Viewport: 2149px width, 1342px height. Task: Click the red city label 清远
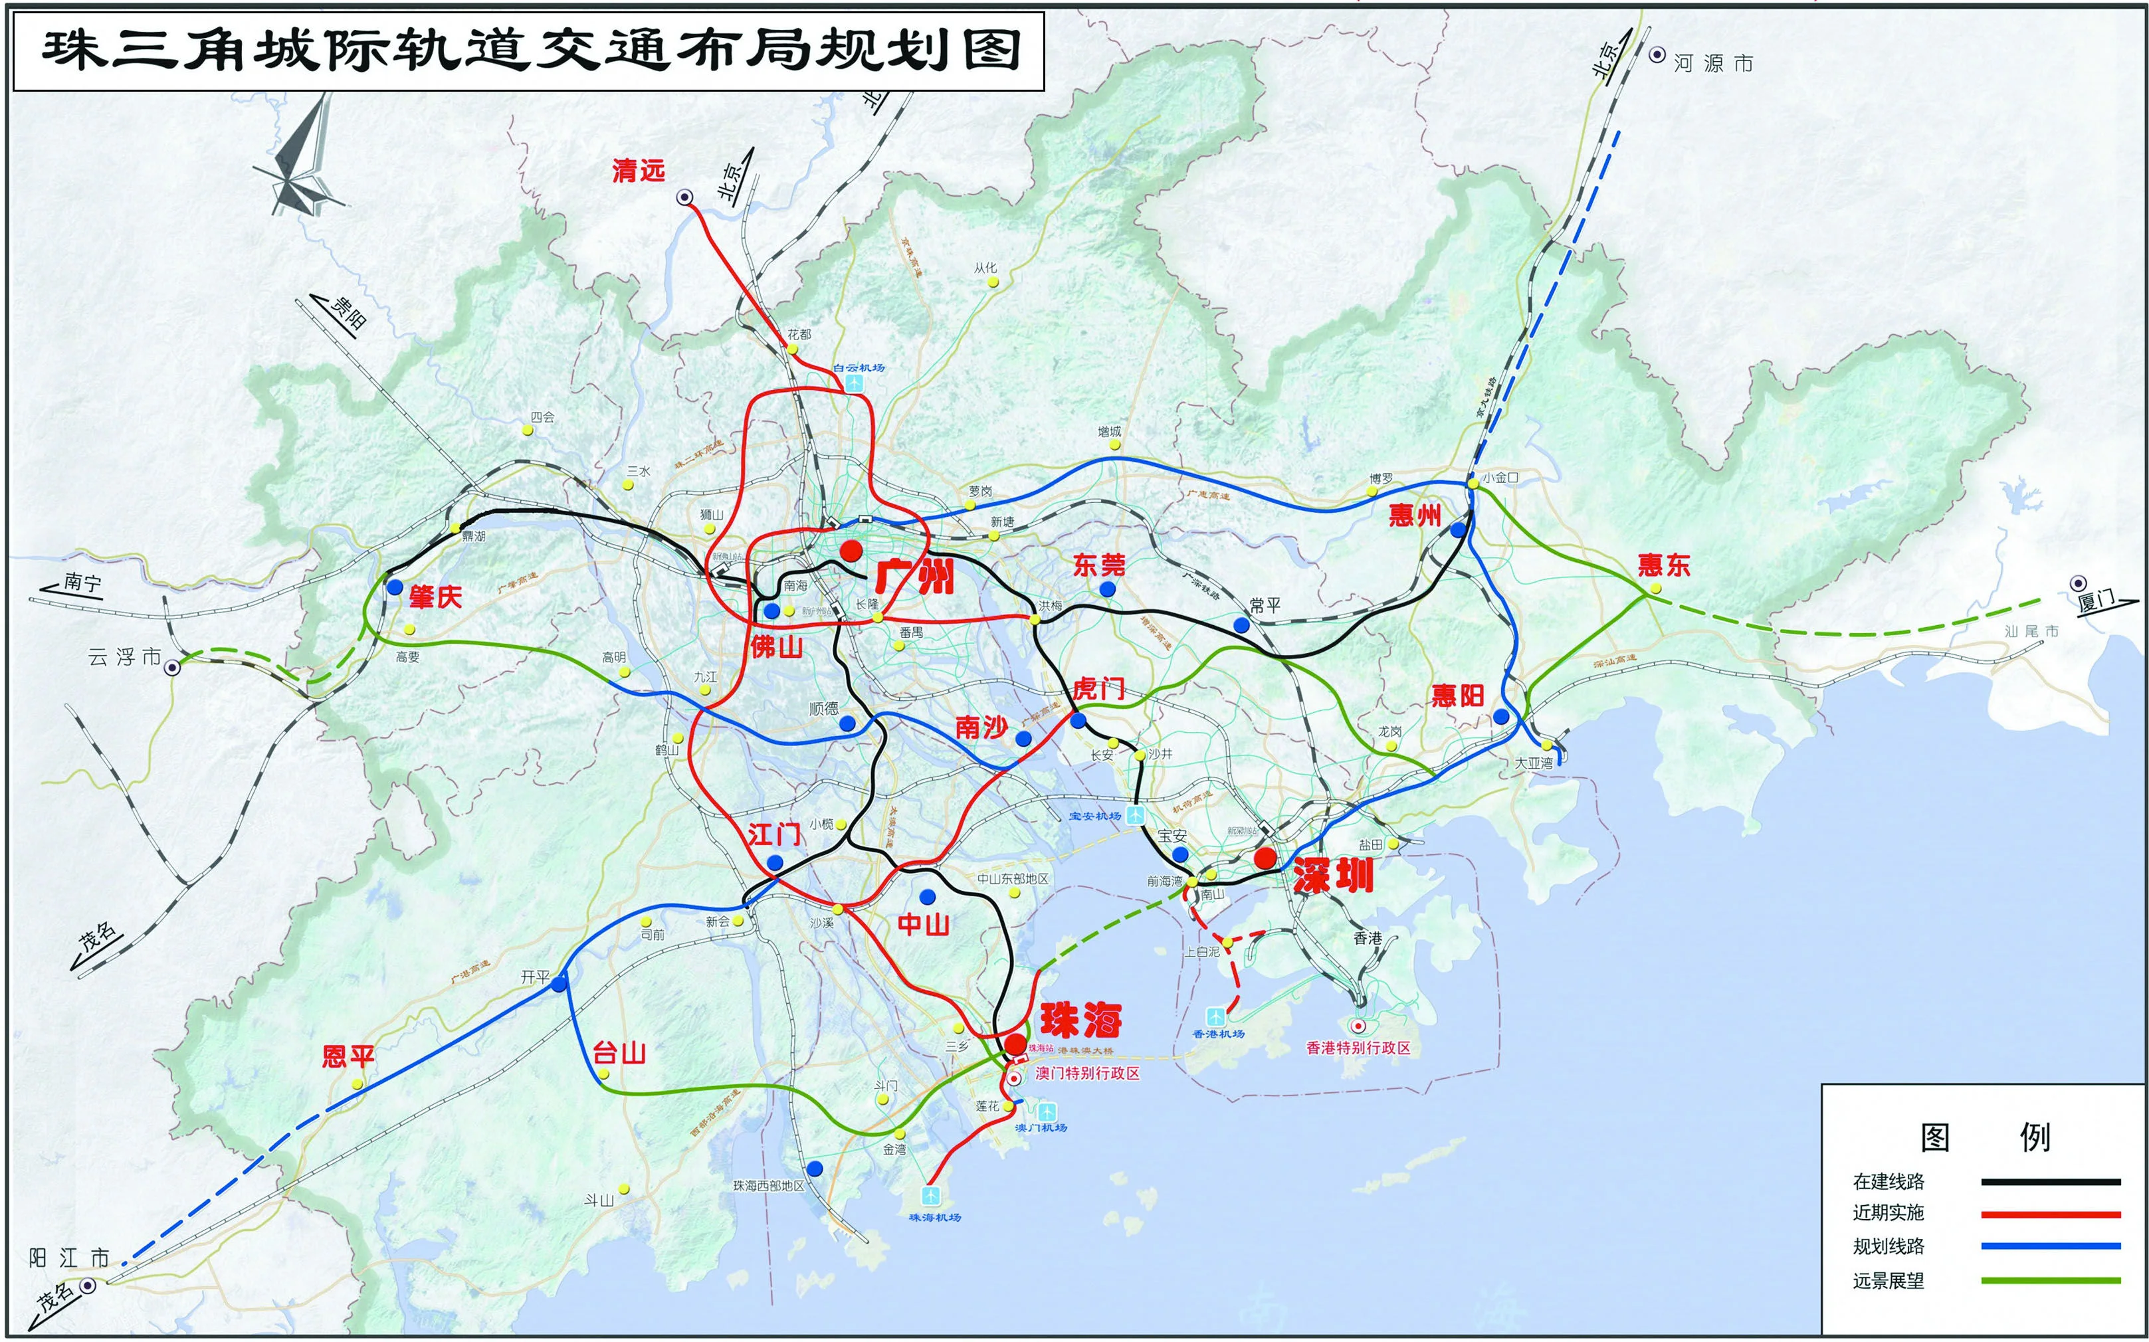(x=637, y=171)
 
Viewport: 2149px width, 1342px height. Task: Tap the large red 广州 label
(x=914, y=576)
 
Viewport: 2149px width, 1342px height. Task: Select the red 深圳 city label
(x=1332, y=875)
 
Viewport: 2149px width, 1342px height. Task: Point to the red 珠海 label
(x=1080, y=1020)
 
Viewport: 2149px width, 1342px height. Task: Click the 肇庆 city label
(x=435, y=597)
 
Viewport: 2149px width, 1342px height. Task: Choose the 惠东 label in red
(x=1663, y=565)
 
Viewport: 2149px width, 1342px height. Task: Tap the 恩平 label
(x=348, y=1056)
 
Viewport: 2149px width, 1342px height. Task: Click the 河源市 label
(x=1713, y=63)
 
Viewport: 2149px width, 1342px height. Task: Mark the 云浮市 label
(x=124, y=658)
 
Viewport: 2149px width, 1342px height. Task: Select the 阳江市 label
(x=69, y=1258)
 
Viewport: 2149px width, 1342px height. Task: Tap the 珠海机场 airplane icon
(x=931, y=1196)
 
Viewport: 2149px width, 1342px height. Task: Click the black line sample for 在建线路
(x=2051, y=1181)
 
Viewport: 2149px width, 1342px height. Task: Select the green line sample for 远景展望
(x=2051, y=1280)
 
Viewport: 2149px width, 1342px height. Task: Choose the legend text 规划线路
(x=1888, y=1246)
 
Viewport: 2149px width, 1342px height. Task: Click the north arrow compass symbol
(x=300, y=159)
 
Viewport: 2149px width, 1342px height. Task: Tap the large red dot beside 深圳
(x=1265, y=858)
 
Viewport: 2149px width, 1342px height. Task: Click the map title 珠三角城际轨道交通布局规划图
(x=530, y=50)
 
